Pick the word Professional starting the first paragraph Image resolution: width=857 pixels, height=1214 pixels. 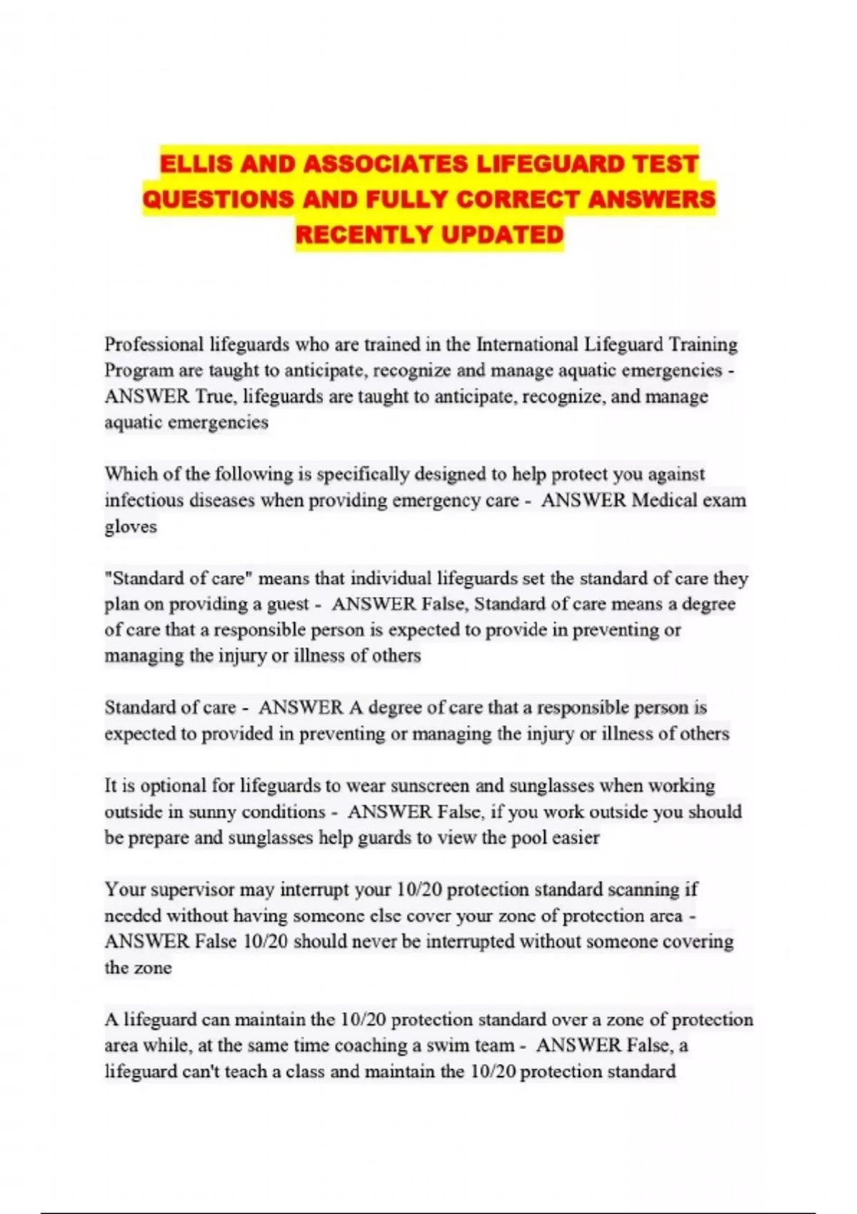154,344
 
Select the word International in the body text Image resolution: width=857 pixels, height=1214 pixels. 527,344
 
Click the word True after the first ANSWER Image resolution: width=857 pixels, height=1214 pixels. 214,396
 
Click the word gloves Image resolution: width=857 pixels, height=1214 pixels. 131,526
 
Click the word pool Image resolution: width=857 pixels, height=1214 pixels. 529,838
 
